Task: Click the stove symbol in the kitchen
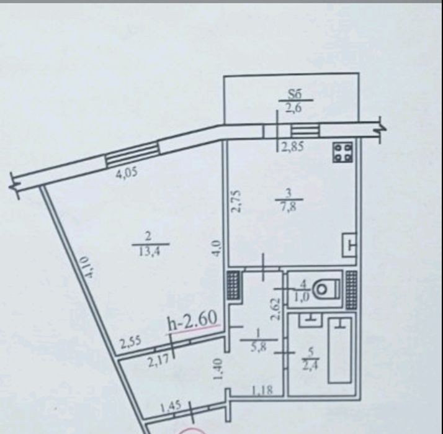click(x=343, y=152)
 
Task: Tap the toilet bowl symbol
click(x=326, y=289)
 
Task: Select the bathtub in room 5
click(x=340, y=350)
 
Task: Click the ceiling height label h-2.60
click(x=192, y=321)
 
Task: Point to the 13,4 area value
click(x=150, y=251)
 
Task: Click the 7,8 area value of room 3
click(x=288, y=207)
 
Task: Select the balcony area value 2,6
click(x=294, y=107)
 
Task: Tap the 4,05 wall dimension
click(x=127, y=172)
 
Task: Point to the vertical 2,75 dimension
click(x=236, y=201)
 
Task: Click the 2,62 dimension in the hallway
click(x=275, y=309)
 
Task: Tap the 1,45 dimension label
click(x=171, y=407)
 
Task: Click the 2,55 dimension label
click(x=130, y=343)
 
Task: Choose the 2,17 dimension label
click(x=158, y=361)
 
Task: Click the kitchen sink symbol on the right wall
click(x=349, y=245)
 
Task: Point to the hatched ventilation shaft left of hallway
click(x=233, y=285)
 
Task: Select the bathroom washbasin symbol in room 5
click(x=310, y=320)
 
